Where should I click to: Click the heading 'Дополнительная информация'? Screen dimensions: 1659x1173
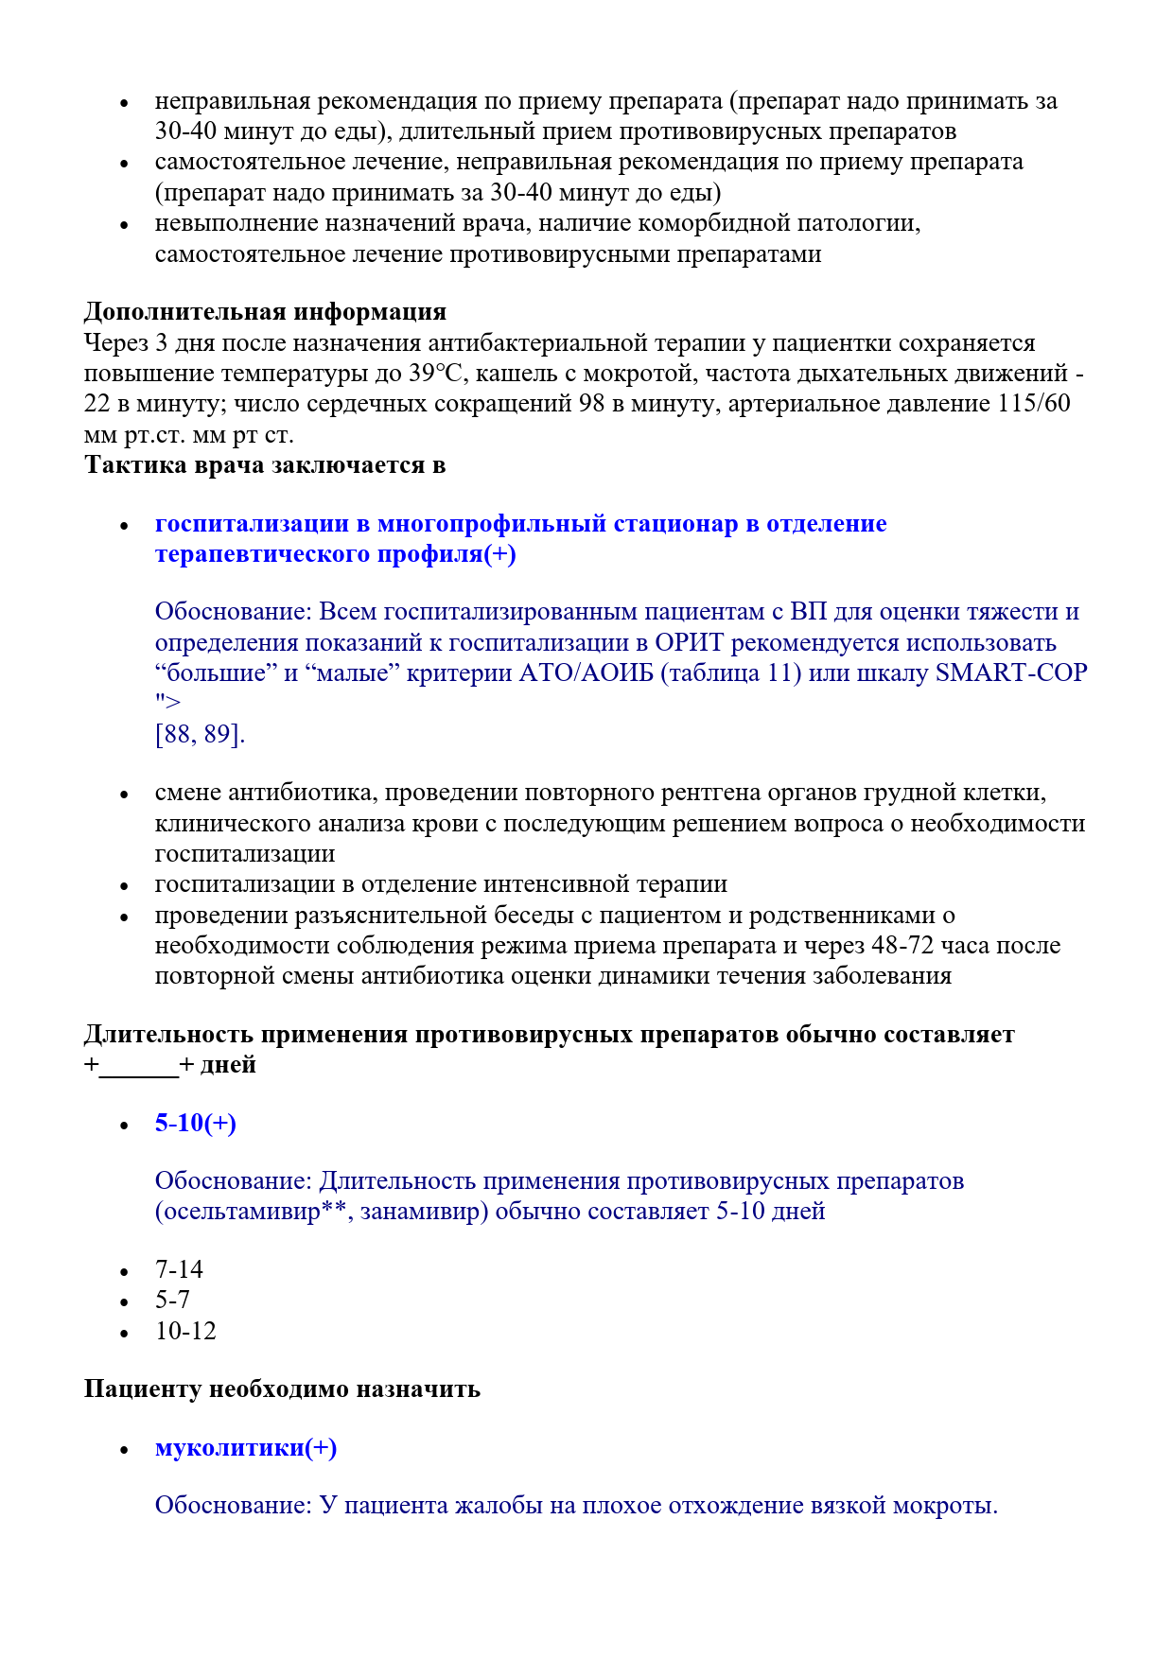(x=265, y=311)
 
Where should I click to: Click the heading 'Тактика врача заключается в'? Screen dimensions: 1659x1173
(x=265, y=464)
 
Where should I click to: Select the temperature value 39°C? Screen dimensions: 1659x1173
(x=436, y=373)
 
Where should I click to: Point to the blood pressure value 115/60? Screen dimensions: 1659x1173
(x=1033, y=403)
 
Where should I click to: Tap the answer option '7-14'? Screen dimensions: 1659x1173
(x=179, y=1269)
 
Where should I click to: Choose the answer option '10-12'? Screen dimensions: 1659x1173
(x=185, y=1331)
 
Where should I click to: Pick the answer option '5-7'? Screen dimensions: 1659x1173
(x=172, y=1300)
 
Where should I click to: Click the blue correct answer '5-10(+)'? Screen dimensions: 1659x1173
(x=195, y=1123)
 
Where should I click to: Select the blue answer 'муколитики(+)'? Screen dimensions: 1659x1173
(x=246, y=1447)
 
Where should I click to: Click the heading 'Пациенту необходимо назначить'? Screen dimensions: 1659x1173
(x=282, y=1388)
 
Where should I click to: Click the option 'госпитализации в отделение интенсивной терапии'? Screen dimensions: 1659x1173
(x=441, y=883)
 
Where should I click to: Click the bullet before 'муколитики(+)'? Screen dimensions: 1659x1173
(x=124, y=1449)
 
